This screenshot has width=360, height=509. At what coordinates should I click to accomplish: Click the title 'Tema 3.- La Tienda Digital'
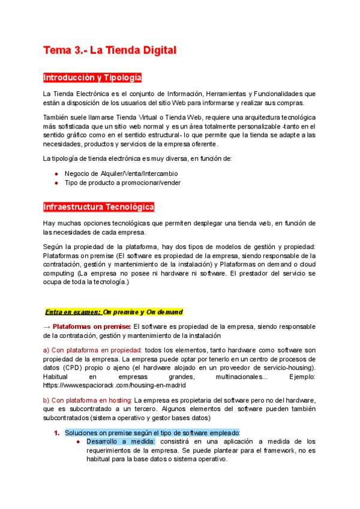(x=109, y=50)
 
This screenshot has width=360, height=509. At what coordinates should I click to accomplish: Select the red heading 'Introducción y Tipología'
(x=92, y=78)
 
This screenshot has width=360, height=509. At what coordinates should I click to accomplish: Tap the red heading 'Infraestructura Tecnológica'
(x=98, y=207)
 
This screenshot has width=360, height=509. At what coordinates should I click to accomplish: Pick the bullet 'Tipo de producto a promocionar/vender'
(x=122, y=182)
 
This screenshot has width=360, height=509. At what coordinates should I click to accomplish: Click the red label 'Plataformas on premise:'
(x=92, y=327)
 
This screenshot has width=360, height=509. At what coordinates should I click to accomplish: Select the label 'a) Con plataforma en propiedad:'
(x=92, y=349)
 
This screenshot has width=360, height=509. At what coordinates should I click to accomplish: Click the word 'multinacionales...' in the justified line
(x=241, y=376)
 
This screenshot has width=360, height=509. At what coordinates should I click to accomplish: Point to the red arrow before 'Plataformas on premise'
(x=47, y=327)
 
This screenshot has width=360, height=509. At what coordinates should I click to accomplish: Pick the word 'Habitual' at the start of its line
(x=56, y=376)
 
